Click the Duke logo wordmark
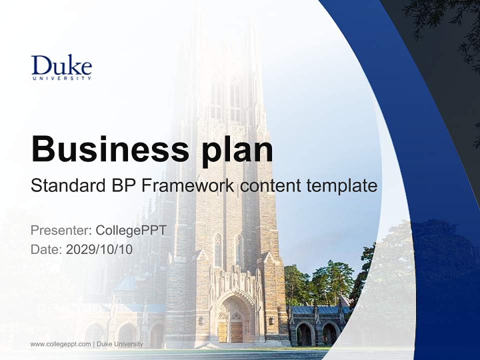click(61, 65)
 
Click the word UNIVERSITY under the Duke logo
click(61, 78)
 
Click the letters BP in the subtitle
click(122, 185)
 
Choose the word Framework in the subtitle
click(188, 185)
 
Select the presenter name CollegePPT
click(131, 230)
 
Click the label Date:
click(46, 249)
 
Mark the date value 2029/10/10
click(99, 249)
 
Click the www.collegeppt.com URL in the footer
click(60, 344)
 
